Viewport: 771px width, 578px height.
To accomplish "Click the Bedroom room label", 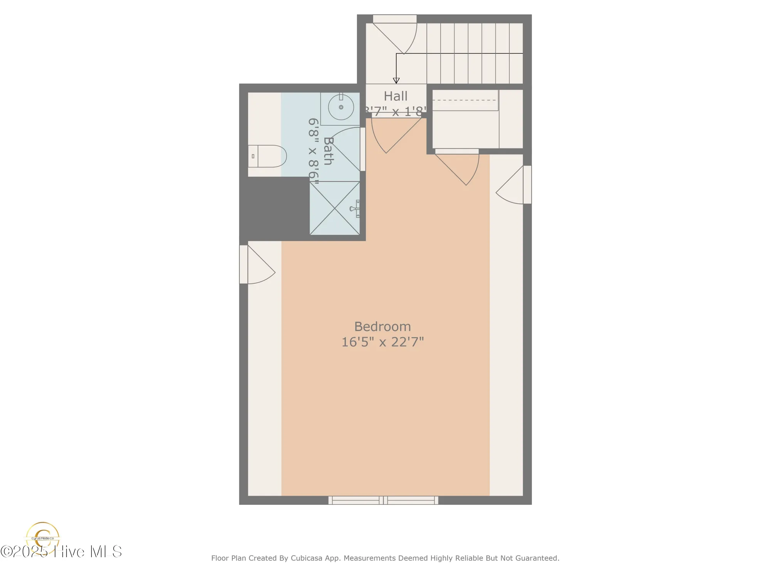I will coord(382,327).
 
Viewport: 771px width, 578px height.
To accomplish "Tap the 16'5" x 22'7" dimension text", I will coord(382,342).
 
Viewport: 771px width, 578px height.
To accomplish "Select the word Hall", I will coord(396,96).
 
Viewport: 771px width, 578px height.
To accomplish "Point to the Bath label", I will coord(328,151).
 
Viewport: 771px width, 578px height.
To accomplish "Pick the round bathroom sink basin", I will coord(341,107).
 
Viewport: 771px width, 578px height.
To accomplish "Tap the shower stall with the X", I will coord(335,208).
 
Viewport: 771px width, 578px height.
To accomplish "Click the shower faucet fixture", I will coord(355,209).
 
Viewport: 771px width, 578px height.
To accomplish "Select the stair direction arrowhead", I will coord(396,81).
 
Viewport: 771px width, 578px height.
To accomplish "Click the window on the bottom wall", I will coord(383,500).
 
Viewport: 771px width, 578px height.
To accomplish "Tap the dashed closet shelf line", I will coord(465,100).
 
